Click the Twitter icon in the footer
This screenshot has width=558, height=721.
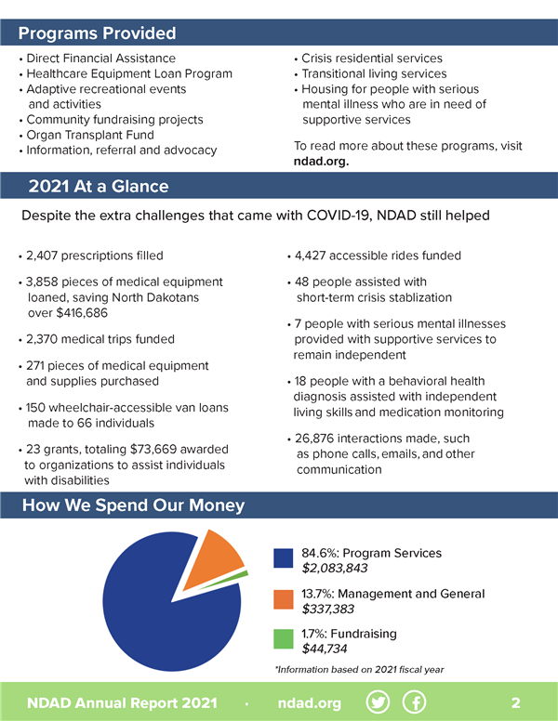pyautogui.click(x=379, y=702)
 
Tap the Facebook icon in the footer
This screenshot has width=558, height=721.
pyautogui.click(x=414, y=702)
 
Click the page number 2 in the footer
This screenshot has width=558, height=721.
pyautogui.click(x=516, y=702)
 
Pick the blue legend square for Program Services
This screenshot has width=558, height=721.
pyautogui.click(x=284, y=559)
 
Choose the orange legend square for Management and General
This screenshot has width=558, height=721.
pyautogui.click(x=284, y=601)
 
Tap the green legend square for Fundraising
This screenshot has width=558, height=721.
pyautogui.click(x=284, y=641)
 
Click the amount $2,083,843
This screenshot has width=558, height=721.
pyautogui.click(x=334, y=569)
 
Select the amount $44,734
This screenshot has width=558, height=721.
pyautogui.click(x=325, y=649)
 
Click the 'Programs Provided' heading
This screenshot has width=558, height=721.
pyautogui.click(x=98, y=33)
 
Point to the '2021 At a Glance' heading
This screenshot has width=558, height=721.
pyautogui.click(x=99, y=186)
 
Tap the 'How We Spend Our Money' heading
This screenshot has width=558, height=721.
pyautogui.click(x=133, y=505)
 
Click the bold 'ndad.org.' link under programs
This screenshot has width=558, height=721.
pyautogui.click(x=321, y=161)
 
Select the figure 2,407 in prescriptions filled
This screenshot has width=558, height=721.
pyautogui.click(x=46, y=256)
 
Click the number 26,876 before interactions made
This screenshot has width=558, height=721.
pyautogui.click(x=319, y=439)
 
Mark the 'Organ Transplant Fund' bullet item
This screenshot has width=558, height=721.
pyautogui.click(x=89, y=135)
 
